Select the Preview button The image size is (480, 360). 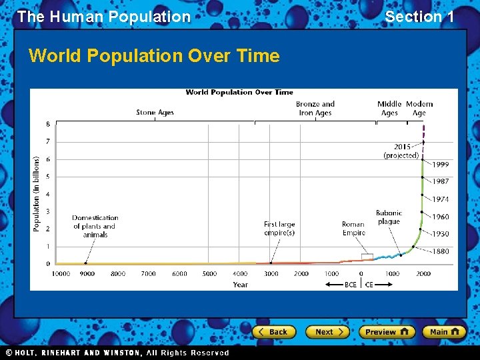point(387,331)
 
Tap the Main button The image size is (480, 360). point(444,331)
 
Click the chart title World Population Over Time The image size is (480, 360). point(239,93)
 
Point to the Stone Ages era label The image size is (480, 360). point(155,113)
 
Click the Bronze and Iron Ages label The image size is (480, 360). point(315,109)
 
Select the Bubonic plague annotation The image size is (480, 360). point(389,218)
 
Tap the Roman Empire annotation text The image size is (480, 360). point(353,229)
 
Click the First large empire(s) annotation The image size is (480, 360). point(279,229)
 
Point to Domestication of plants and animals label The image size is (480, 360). point(95,226)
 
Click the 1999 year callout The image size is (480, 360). point(441,165)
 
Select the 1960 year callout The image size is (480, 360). point(441,217)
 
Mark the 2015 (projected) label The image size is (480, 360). point(401,151)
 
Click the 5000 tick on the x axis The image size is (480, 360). point(209,274)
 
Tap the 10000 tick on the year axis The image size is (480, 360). point(61,274)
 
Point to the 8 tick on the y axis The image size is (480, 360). point(47,124)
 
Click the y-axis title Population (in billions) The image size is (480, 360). point(37,194)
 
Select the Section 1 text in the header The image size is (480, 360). point(419,17)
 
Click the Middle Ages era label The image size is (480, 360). point(389,109)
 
